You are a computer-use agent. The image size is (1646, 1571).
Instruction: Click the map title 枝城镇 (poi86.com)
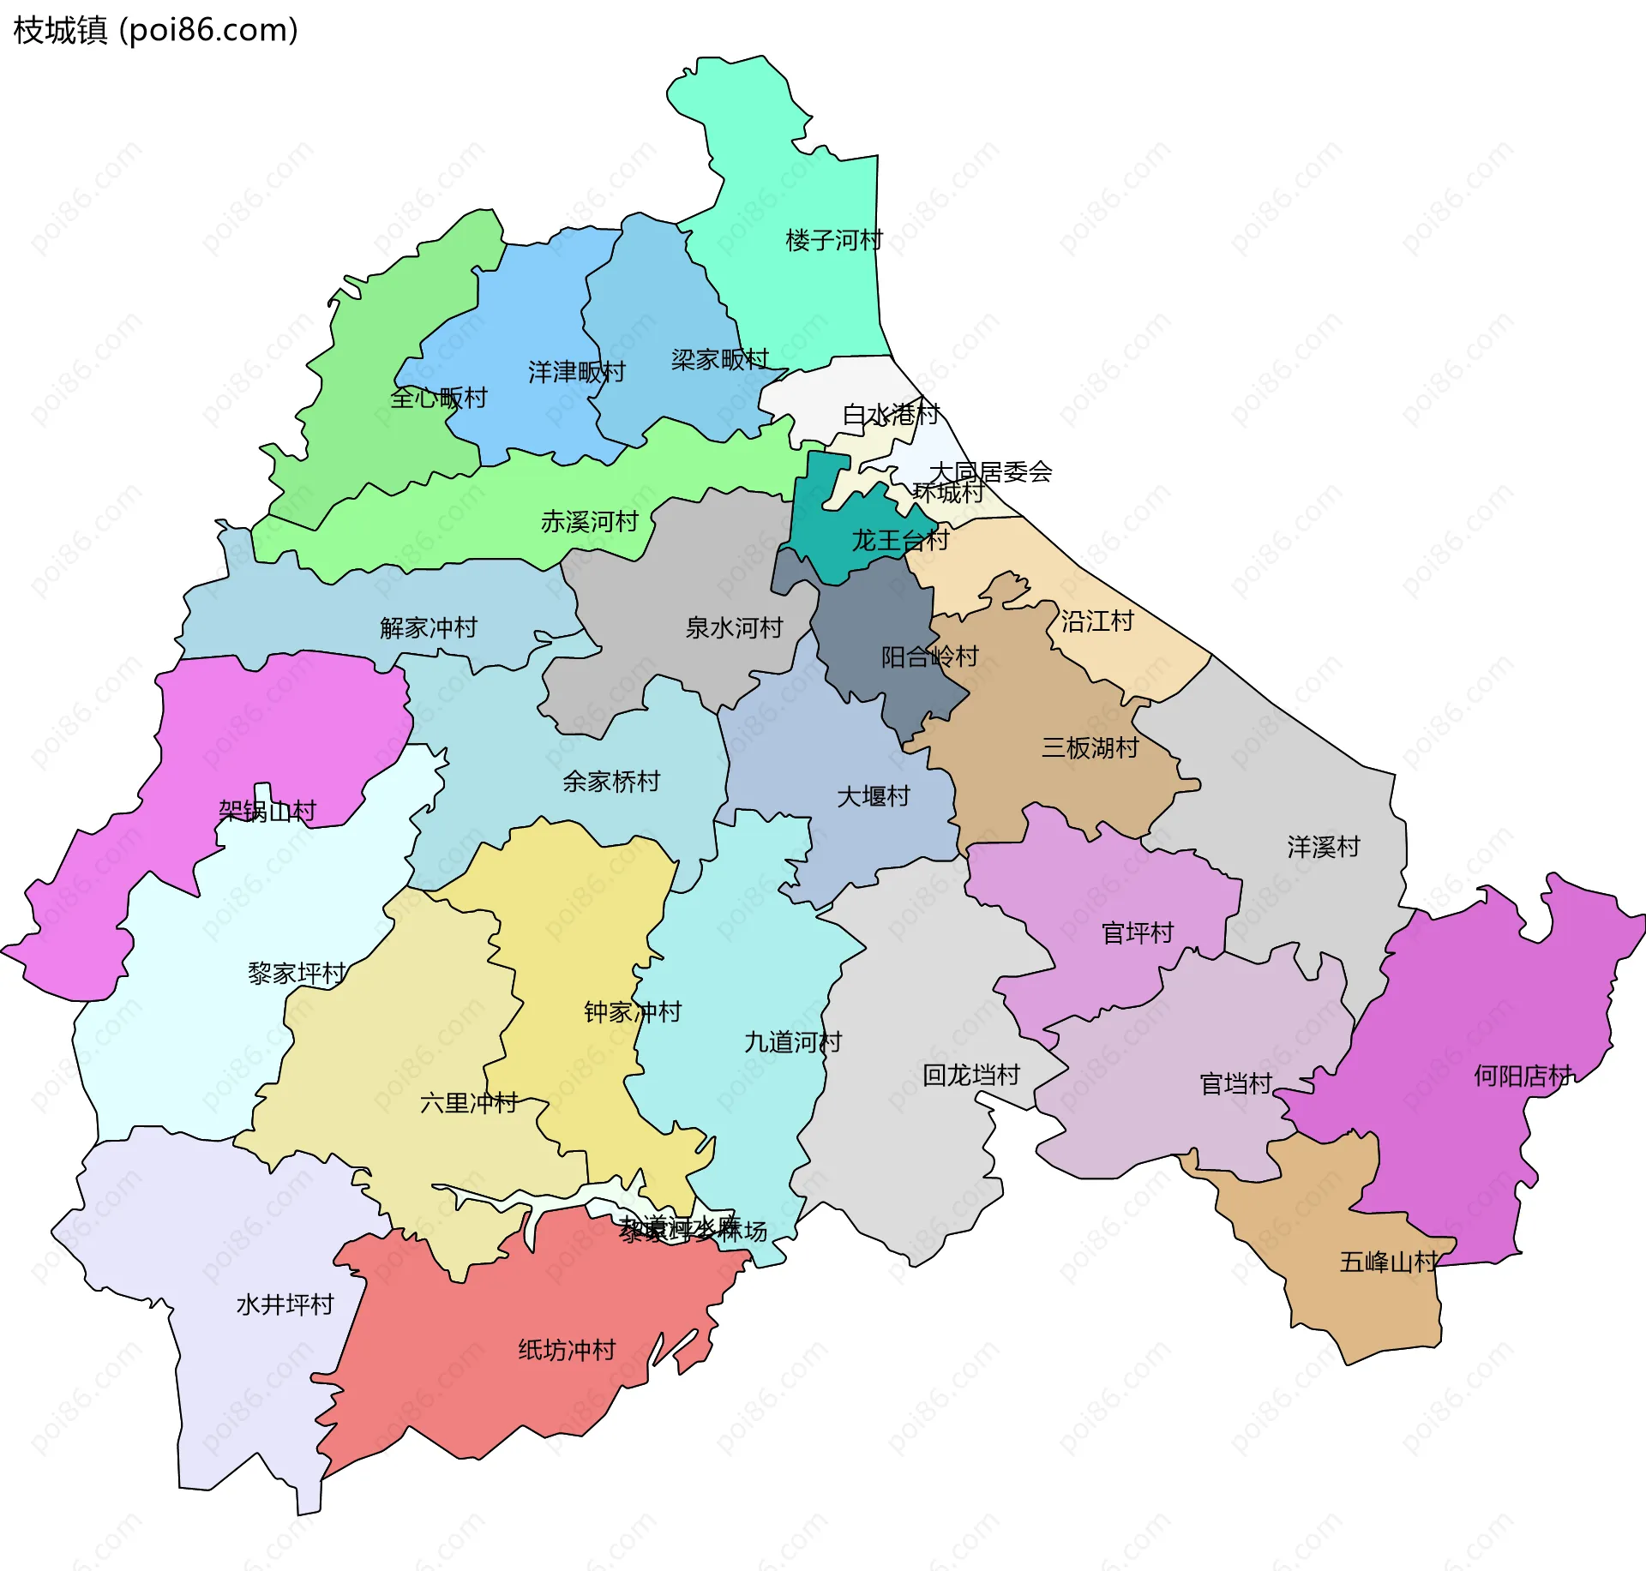[155, 30]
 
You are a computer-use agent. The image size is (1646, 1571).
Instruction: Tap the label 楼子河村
[833, 240]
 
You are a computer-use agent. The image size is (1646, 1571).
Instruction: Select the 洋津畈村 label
[576, 372]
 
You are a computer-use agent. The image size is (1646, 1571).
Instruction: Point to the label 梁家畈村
[719, 359]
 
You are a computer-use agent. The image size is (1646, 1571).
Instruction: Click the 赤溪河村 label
[589, 521]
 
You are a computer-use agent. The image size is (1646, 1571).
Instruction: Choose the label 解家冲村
[428, 627]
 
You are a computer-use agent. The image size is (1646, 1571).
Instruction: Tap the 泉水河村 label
[734, 627]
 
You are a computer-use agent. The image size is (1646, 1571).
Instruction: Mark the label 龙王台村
[899, 540]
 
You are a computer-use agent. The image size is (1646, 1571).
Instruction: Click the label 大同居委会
[990, 471]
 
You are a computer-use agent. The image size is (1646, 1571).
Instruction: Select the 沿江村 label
[1097, 621]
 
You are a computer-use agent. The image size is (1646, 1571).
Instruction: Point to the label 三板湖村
[1090, 747]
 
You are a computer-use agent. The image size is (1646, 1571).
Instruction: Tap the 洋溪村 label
[1323, 847]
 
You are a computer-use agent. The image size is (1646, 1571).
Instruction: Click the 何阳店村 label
[1523, 1076]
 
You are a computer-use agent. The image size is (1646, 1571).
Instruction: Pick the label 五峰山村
[1388, 1262]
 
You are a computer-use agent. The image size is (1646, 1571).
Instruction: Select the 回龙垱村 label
[970, 1075]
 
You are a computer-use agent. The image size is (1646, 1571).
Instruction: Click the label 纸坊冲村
[567, 1350]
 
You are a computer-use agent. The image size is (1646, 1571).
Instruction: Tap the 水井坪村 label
[285, 1304]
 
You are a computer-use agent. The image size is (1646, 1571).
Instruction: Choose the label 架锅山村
[267, 810]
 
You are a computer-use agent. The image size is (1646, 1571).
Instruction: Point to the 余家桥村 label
[611, 781]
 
